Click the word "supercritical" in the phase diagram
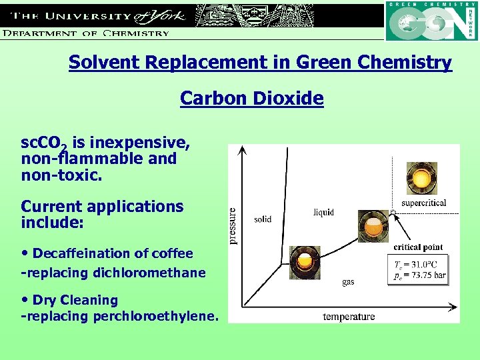[x=423, y=203]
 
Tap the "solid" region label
[x=263, y=219]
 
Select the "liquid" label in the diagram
[x=323, y=213]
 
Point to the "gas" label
[x=348, y=282]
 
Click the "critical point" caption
[x=418, y=247]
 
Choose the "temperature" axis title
[x=349, y=316]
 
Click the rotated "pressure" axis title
[x=233, y=225]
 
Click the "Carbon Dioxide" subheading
[x=251, y=99]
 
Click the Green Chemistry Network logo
[x=431, y=21]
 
